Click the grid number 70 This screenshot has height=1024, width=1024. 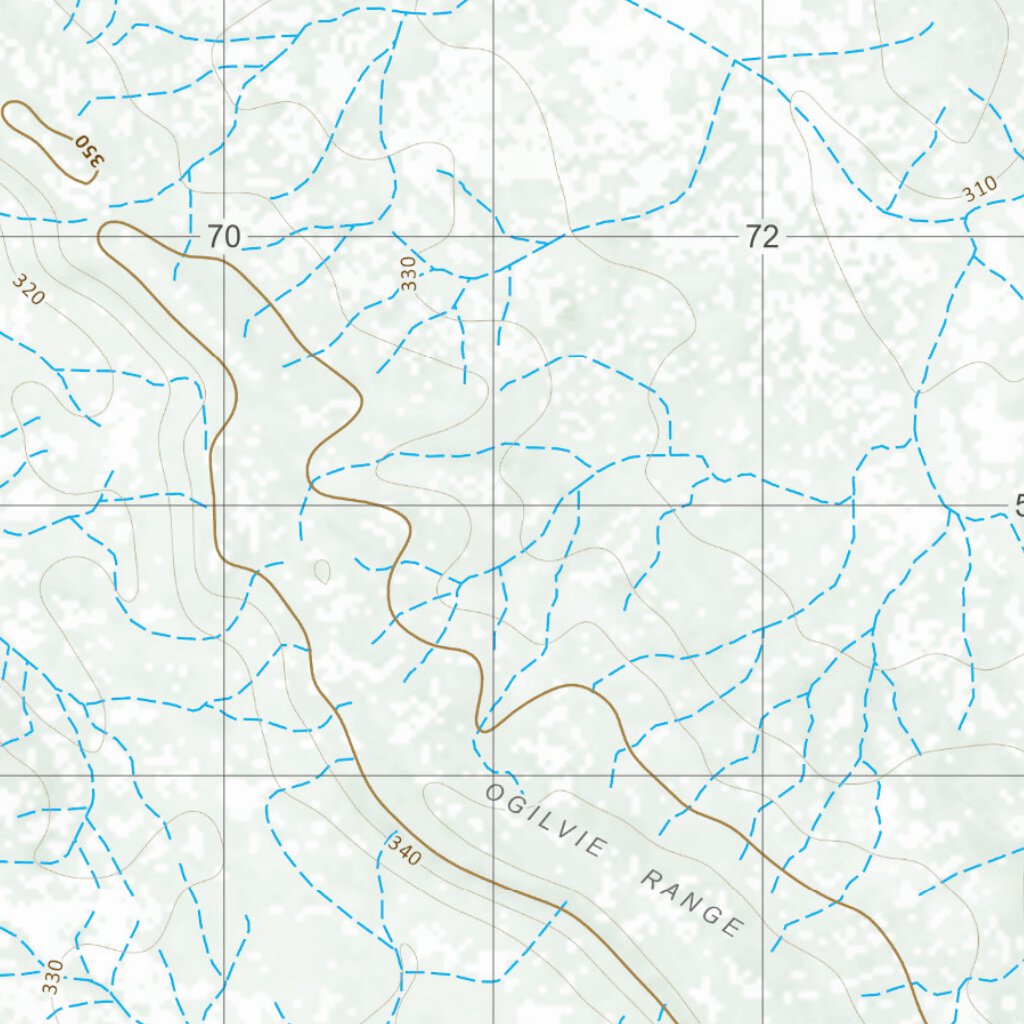[x=224, y=237]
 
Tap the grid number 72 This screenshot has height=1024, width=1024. [x=761, y=237]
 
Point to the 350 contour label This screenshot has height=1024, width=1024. [x=89, y=151]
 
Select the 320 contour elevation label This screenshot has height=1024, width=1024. [x=29, y=289]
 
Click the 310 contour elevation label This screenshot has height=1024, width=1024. [x=981, y=187]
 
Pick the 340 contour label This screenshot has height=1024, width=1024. [x=404, y=850]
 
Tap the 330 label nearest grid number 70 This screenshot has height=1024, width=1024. [x=407, y=274]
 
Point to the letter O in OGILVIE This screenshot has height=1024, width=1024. [x=493, y=792]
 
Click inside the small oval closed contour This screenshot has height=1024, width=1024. [x=322, y=571]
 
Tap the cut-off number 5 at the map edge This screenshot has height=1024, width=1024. [x=1018, y=506]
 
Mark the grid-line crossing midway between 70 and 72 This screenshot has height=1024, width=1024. [x=493, y=237]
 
